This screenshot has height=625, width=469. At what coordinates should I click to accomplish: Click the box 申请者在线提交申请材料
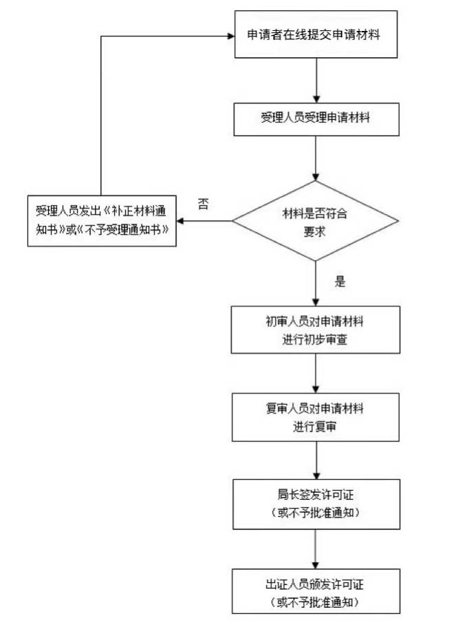click(x=315, y=34)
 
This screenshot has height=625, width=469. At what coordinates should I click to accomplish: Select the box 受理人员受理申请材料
click(x=315, y=118)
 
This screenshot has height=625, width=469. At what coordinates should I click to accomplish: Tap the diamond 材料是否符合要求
click(x=315, y=221)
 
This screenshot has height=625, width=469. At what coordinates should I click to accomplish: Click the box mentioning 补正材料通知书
click(x=101, y=221)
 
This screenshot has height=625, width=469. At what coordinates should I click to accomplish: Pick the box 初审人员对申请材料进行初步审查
click(x=315, y=330)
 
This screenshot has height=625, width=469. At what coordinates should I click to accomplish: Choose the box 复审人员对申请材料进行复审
click(x=315, y=417)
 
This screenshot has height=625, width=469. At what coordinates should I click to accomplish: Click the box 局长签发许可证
click(x=315, y=504)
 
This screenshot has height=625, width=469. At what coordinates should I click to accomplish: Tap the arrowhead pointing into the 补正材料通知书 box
click(x=181, y=221)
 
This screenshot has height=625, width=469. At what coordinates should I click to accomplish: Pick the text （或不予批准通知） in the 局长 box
click(x=315, y=513)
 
